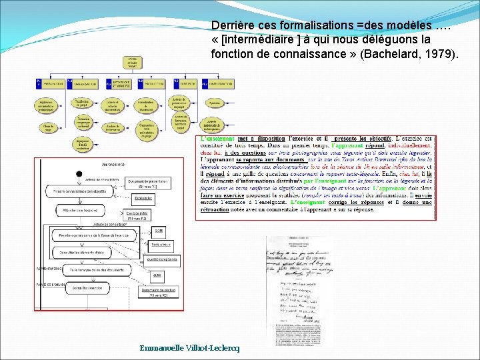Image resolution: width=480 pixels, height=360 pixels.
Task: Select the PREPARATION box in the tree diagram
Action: pyautogui.click(x=49, y=84)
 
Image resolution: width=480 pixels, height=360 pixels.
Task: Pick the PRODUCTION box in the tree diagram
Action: pyautogui.click(x=153, y=84)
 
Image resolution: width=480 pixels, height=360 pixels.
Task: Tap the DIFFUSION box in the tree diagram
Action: pyautogui.click(x=187, y=84)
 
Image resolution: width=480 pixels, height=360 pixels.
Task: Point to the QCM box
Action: pyautogui.click(x=158, y=230)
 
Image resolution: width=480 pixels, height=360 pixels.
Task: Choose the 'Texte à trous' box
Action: pyautogui.click(x=160, y=245)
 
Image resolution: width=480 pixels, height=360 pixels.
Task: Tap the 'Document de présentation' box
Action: pyautogui.click(x=142, y=183)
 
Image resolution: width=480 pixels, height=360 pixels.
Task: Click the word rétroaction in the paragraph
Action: pyautogui.click(x=216, y=211)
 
